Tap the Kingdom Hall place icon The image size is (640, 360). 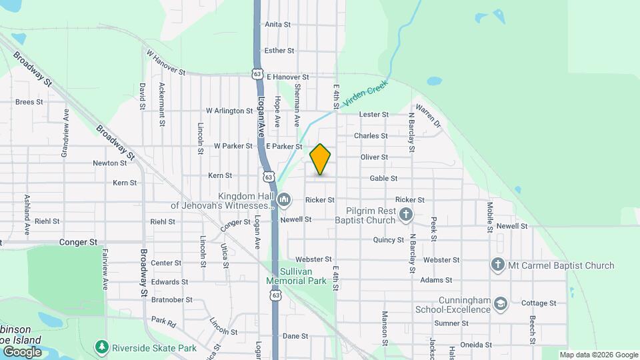coord(285,199)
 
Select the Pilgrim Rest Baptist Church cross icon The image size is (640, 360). coord(407,215)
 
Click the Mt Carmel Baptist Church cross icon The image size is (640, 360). coord(497,265)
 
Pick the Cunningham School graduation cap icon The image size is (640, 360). coord(500,305)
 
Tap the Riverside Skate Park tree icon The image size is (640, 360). coord(101,347)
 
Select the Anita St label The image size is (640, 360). coord(278,25)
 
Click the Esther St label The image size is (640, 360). coord(279,51)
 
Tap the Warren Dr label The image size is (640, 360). coord(428,115)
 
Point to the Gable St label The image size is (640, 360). coord(383,179)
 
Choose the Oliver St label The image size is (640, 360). coord(374,157)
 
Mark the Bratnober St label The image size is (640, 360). coord(171,301)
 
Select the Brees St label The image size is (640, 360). coord(29,103)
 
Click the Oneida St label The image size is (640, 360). coord(477,345)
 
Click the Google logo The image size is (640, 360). coord(22,351)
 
